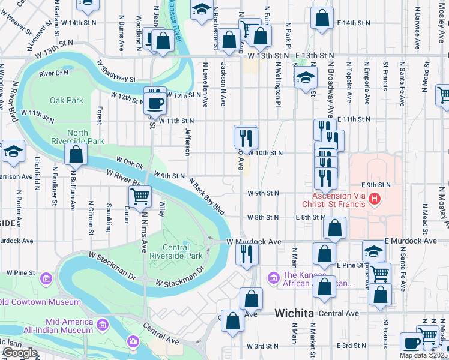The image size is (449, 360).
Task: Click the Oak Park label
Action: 66,100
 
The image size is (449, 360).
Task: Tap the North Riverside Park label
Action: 86,137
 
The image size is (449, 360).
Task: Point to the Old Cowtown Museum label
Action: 40,301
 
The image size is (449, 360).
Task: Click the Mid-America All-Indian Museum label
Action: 63,325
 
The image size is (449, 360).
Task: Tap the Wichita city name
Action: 294,313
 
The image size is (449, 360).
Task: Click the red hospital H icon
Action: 375,198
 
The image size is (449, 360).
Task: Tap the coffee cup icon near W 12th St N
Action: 154,102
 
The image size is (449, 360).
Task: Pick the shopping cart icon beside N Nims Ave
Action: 140,195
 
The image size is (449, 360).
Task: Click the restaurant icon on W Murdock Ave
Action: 246,253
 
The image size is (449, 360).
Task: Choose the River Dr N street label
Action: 53,73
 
